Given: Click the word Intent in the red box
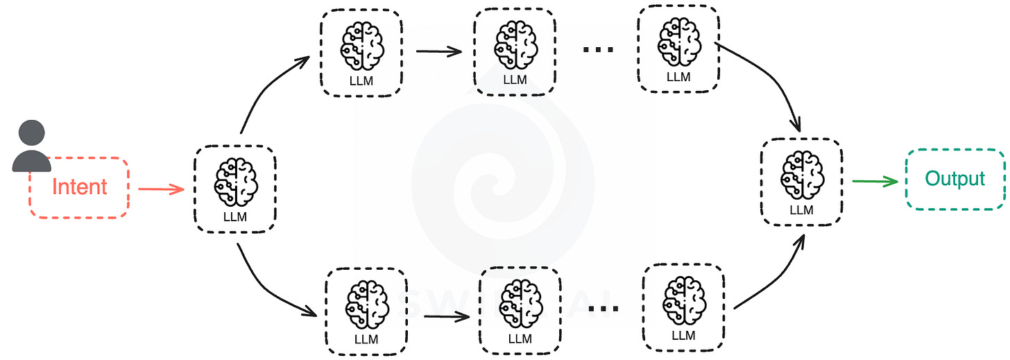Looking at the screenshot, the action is (80, 187).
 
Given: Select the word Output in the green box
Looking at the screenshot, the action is (955, 178).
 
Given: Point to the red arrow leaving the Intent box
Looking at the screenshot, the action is (161, 188).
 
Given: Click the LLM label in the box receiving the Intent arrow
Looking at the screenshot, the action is (234, 216).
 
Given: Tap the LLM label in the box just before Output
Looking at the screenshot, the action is (801, 210).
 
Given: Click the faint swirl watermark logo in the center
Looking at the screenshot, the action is (503, 173).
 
